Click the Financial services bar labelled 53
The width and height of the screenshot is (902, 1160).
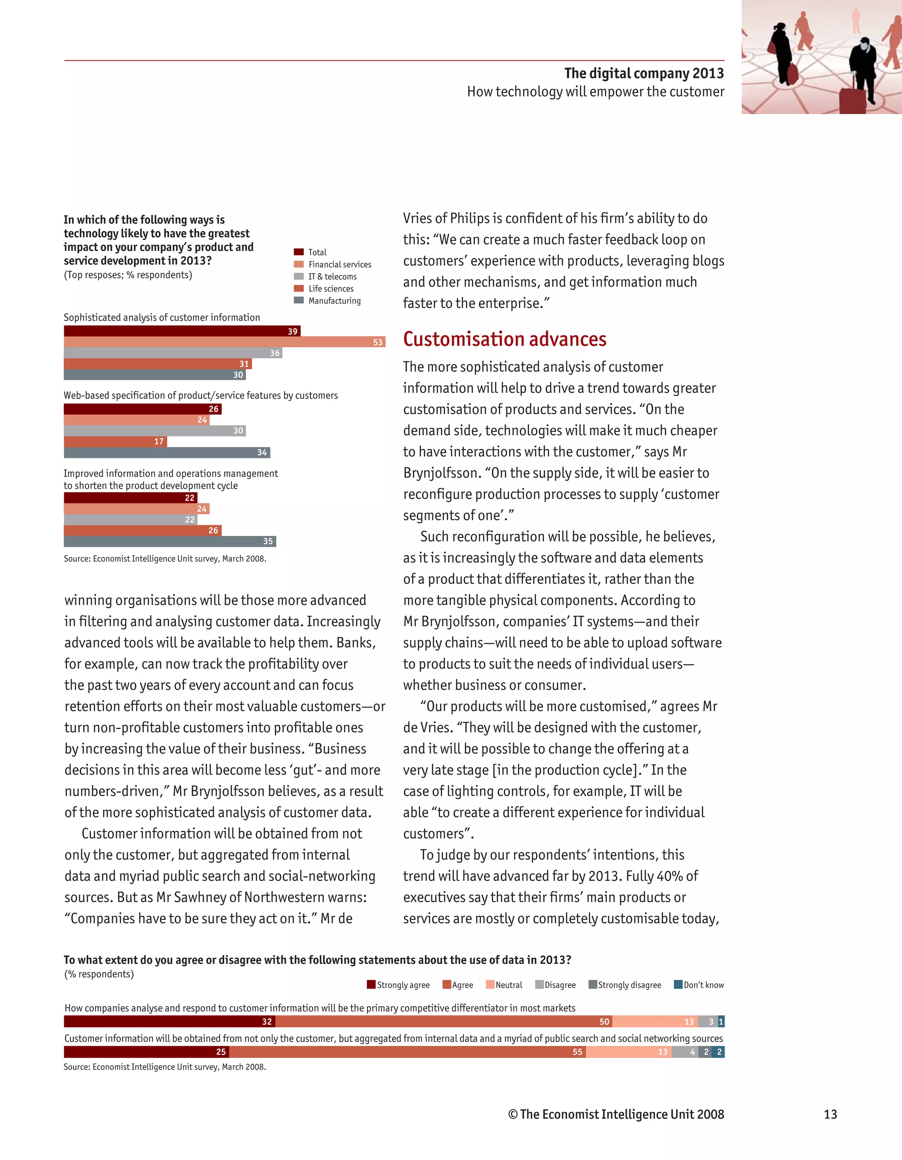[x=224, y=342]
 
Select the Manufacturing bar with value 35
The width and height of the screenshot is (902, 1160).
[x=170, y=541]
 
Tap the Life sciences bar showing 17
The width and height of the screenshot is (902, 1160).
[x=115, y=441]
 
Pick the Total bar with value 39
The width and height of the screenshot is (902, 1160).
[x=182, y=331]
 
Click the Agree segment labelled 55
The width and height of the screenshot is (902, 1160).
[x=408, y=1052]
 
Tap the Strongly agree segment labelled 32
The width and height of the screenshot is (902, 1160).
[x=170, y=1021]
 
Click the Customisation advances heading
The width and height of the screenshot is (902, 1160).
[x=504, y=339]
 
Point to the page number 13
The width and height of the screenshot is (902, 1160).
[x=830, y=1114]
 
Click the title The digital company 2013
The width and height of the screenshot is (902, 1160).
[x=643, y=73]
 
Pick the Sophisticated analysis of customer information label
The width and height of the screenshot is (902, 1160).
[x=162, y=318]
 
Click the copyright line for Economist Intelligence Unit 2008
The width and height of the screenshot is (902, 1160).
[x=616, y=1114]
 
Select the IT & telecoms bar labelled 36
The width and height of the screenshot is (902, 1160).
[x=173, y=353]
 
